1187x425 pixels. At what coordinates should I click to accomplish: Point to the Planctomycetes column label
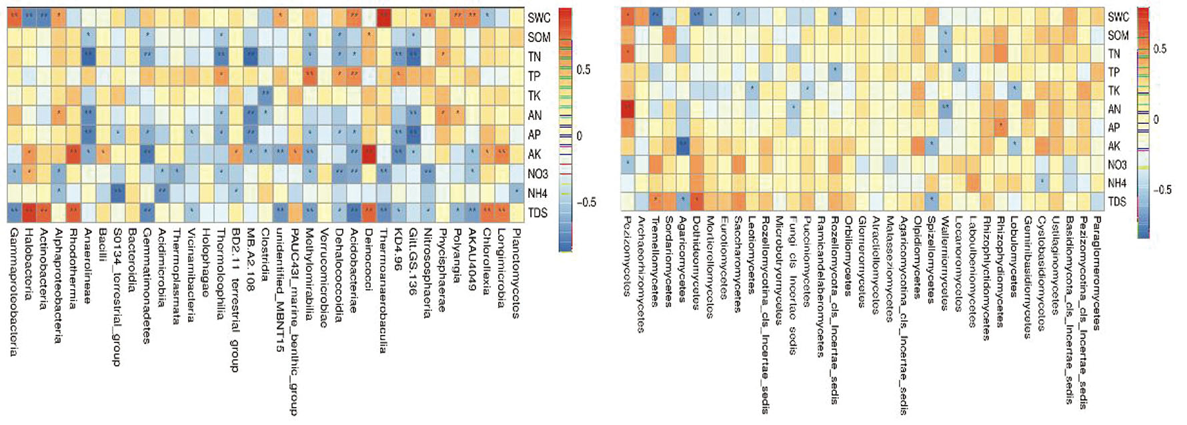point(515,255)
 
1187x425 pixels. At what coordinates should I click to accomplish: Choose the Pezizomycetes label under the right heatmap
point(627,254)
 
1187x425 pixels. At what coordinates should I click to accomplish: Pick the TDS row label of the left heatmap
point(537,213)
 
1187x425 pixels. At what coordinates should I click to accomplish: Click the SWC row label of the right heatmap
point(1118,17)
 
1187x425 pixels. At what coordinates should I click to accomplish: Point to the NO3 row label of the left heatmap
point(537,174)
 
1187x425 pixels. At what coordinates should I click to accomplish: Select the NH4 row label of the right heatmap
point(1118,183)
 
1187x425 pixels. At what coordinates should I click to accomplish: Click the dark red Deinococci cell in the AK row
point(369,154)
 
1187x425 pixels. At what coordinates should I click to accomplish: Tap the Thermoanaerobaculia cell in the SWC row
point(383,18)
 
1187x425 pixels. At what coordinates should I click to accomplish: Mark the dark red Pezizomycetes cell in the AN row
point(627,109)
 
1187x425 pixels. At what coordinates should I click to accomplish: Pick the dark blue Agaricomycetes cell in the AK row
point(682,145)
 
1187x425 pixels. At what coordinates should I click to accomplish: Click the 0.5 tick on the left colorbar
point(583,70)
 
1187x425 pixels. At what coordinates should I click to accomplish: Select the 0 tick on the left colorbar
point(579,136)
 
